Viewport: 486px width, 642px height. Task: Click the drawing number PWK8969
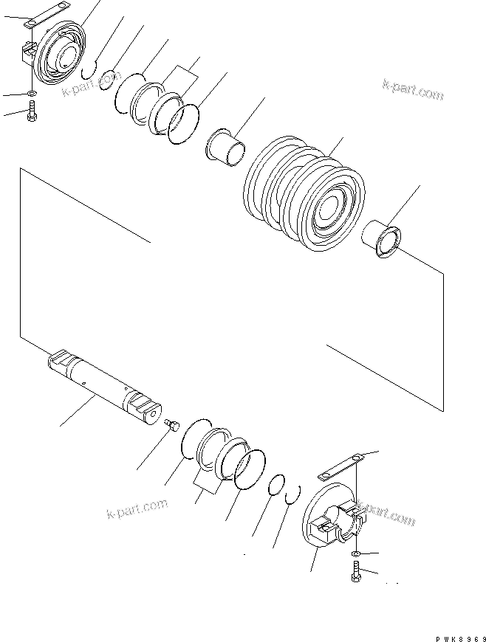click(456, 635)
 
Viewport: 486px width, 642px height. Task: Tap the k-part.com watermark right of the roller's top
click(412, 92)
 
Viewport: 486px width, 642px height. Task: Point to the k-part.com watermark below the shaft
click(137, 508)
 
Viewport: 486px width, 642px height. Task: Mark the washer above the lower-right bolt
click(356, 552)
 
